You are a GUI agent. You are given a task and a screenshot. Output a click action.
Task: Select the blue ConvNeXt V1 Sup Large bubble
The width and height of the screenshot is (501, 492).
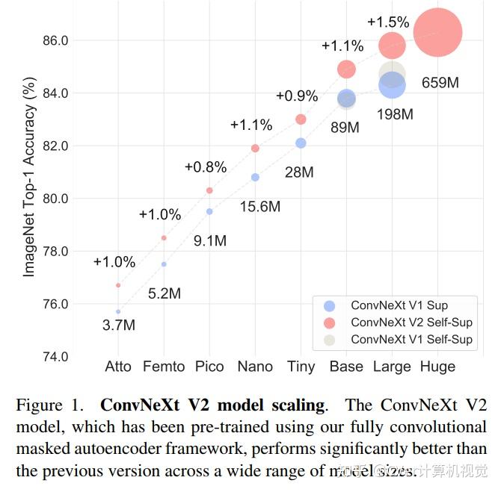click(x=392, y=85)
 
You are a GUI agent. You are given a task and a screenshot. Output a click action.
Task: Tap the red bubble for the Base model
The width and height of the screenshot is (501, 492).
click(x=346, y=69)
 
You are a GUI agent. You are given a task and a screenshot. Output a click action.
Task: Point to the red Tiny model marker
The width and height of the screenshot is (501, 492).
click(x=301, y=119)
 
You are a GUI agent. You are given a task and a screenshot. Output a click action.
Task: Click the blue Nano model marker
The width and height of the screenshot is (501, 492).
click(x=255, y=177)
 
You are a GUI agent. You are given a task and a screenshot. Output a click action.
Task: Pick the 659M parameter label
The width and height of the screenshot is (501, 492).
click(x=440, y=82)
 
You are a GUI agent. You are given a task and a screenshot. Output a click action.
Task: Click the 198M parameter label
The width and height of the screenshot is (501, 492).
click(x=395, y=114)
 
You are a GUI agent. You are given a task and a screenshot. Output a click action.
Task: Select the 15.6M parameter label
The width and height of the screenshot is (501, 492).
click(x=259, y=206)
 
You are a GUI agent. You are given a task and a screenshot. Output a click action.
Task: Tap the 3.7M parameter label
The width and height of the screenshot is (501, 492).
click(x=118, y=325)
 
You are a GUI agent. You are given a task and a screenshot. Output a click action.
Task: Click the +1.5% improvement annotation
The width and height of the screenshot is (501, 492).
click(x=387, y=21)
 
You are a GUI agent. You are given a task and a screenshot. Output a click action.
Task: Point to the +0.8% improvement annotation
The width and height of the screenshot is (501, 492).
click(x=205, y=167)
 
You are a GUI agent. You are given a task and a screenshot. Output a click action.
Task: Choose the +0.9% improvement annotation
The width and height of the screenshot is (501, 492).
click(x=296, y=96)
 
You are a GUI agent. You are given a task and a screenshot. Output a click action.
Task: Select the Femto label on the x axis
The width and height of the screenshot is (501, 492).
click(x=164, y=367)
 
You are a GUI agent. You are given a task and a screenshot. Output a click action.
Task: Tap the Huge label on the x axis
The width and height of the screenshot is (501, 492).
click(x=437, y=367)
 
